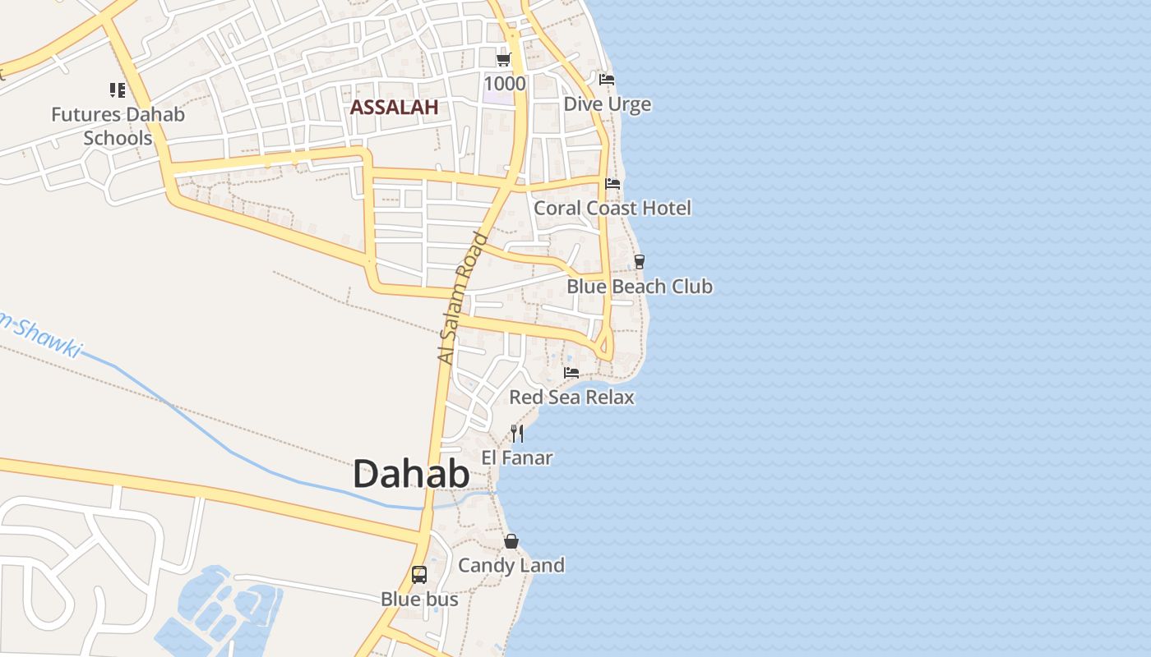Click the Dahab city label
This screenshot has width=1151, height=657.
[411, 475]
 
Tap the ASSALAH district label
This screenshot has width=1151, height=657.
[394, 108]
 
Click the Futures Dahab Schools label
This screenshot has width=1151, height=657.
[118, 126]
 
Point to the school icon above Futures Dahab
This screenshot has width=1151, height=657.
[118, 90]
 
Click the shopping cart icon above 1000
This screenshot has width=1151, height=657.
[503, 60]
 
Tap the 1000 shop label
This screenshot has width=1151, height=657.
[504, 83]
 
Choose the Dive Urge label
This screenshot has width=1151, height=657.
[607, 104]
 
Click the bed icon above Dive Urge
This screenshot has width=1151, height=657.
[607, 80]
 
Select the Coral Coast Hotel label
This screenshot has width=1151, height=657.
[612, 208]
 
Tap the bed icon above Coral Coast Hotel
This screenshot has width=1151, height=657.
[612, 183]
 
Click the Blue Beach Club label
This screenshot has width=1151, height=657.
[640, 287]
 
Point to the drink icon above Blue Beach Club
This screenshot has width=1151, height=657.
[639, 262]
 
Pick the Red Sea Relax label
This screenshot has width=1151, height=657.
[571, 397]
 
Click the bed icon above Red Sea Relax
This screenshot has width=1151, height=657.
[571, 373]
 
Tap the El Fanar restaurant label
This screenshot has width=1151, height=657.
[516, 457]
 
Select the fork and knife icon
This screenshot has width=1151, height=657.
[517, 433]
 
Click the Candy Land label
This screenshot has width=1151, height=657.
[511, 565]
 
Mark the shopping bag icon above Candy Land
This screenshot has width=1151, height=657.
[511, 541]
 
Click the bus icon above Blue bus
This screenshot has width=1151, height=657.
[419, 575]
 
